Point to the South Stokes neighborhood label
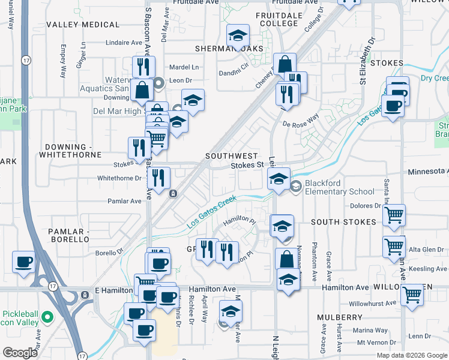point(343,222)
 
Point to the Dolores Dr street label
point(369,205)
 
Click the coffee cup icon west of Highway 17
point(23,262)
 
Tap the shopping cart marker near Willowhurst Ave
point(412,295)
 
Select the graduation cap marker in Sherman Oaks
point(238,36)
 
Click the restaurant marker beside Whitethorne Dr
point(158,178)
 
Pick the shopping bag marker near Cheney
point(285,64)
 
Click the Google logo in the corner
point(20,353)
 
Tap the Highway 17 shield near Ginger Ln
point(25,60)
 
